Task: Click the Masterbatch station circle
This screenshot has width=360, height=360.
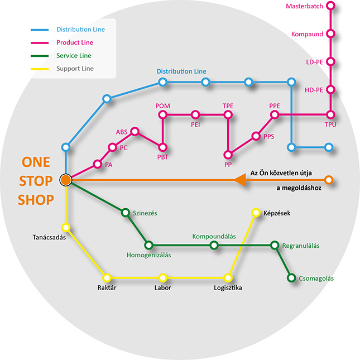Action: (x=330, y=6)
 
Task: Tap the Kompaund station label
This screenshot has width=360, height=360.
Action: (x=307, y=34)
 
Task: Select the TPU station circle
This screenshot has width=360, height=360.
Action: (x=330, y=114)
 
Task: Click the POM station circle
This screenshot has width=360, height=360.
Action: (x=163, y=114)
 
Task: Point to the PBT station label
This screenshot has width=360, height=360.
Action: (x=163, y=157)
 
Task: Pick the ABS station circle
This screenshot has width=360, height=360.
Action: (x=135, y=131)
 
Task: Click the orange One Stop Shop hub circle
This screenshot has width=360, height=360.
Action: (x=66, y=180)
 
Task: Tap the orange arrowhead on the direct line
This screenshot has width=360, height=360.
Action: (x=240, y=180)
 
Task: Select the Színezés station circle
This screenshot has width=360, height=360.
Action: (x=126, y=213)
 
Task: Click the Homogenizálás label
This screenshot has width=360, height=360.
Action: (x=149, y=255)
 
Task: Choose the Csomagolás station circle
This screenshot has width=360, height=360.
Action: (x=291, y=278)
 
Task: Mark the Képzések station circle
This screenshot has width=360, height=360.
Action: (x=256, y=213)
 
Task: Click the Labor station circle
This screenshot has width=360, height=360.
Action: (x=162, y=278)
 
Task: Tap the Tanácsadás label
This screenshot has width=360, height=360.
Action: (x=49, y=237)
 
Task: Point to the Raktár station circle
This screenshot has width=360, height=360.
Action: (x=107, y=278)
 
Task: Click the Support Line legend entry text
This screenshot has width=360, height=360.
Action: (x=75, y=69)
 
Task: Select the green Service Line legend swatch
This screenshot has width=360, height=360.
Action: (x=40, y=56)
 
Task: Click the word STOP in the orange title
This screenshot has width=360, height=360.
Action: (x=36, y=181)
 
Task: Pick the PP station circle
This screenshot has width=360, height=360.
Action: (x=228, y=155)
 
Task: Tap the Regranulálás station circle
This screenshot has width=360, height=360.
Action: (x=275, y=245)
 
